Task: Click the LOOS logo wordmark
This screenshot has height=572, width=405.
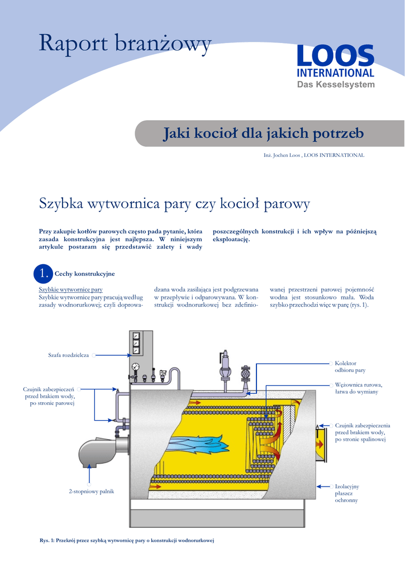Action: coord(335,57)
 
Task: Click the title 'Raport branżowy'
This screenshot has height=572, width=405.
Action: coord(125,44)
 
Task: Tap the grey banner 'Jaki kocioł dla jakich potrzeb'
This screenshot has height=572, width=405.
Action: coord(263,134)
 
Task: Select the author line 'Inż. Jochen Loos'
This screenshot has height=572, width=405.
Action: coord(282,155)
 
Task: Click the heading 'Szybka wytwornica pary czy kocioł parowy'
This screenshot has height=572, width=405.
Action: coord(174,204)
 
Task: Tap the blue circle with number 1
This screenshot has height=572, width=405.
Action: coord(43,273)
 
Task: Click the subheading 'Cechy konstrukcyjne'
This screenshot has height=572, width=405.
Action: coord(84,274)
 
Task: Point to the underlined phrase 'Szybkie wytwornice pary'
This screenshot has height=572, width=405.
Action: coord(70,290)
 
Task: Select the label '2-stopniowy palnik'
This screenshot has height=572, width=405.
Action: coord(91,491)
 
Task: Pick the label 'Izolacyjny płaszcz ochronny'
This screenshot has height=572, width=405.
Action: coord(346,493)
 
